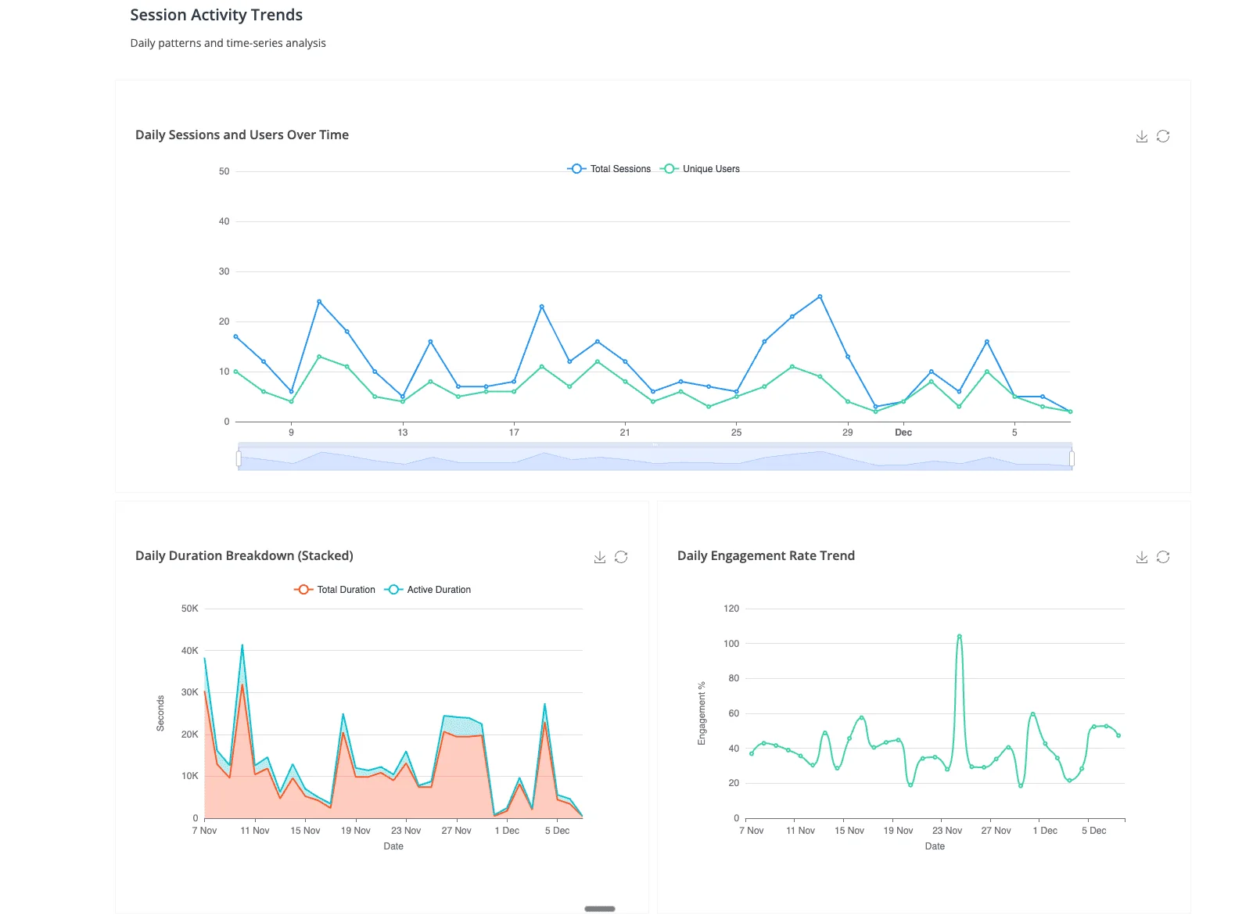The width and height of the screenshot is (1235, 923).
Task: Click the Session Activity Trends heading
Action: pyautogui.click(x=216, y=15)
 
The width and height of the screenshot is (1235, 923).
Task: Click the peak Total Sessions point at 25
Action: pyautogui.click(x=820, y=296)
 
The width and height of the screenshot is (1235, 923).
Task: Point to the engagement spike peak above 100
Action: pyautogui.click(x=959, y=636)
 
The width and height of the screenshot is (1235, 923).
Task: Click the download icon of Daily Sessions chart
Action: pyautogui.click(x=1142, y=136)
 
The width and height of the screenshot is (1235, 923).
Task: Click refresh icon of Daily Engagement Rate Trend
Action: pyautogui.click(x=1163, y=557)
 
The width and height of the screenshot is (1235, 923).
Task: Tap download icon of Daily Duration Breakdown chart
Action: pyautogui.click(x=600, y=557)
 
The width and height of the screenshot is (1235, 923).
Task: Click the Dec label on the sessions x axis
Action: pyautogui.click(x=903, y=433)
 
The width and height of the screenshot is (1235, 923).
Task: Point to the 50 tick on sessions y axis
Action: pyautogui.click(x=224, y=171)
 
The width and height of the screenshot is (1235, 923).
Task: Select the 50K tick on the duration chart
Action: pyautogui.click(x=190, y=609)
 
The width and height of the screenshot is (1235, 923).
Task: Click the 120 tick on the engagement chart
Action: pyautogui.click(x=731, y=609)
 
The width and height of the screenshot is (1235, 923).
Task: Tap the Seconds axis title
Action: pyautogui.click(x=160, y=713)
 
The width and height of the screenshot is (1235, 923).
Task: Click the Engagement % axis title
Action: pyautogui.click(x=702, y=713)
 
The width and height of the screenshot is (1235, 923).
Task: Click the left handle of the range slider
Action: pyautogui.click(x=239, y=458)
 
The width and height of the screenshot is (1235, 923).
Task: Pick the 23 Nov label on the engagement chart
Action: pyautogui.click(x=947, y=831)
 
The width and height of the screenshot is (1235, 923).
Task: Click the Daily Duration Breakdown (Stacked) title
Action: pyautogui.click(x=244, y=555)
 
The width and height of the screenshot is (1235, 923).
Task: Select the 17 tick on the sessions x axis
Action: pyautogui.click(x=514, y=433)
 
